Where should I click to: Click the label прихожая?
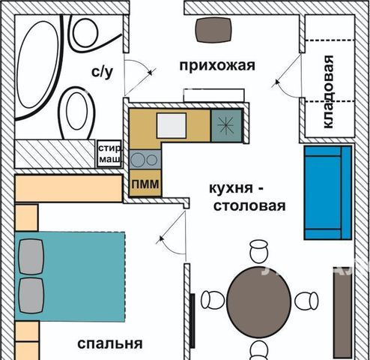tap(217, 66)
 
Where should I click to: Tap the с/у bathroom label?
tap(102, 72)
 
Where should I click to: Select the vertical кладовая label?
tap(328, 91)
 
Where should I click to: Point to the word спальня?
tap(110, 343)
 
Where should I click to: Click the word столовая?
tap(249, 206)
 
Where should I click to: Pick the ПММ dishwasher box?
tap(145, 183)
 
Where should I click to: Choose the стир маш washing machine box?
tap(109, 154)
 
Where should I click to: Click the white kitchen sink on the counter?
tap(172, 125)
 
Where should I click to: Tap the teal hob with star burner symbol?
tap(227, 125)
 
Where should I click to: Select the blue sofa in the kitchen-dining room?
tap(328, 193)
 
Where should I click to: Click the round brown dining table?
tap(259, 302)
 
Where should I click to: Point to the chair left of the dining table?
tap(213, 300)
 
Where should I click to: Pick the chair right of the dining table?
tap(306, 301)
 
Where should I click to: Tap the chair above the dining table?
tap(259, 251)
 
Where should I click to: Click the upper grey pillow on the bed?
tap(31, 256)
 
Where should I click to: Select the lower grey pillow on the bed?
tap(31, 295)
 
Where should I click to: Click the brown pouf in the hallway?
tap(213, 30)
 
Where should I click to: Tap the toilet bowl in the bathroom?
tap(76, 113)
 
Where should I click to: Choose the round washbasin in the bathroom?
tap(85, 32)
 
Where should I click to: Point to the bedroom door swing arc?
tap(167, 246)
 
